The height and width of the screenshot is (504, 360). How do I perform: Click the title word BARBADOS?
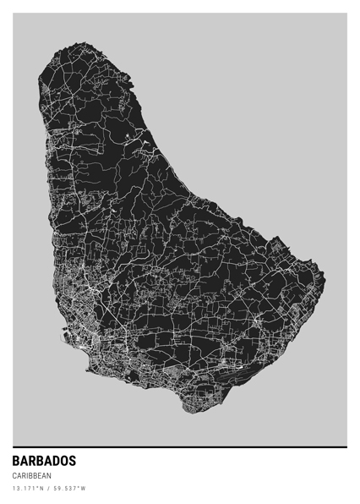(44, 462)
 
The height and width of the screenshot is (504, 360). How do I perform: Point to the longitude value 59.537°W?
(68, 489)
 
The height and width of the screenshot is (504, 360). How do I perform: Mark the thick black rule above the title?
(180, 446)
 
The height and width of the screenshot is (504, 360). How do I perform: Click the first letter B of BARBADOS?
(16, 462)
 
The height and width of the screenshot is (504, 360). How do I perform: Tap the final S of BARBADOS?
(72, 462)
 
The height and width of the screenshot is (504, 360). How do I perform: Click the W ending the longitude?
(84, 489)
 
